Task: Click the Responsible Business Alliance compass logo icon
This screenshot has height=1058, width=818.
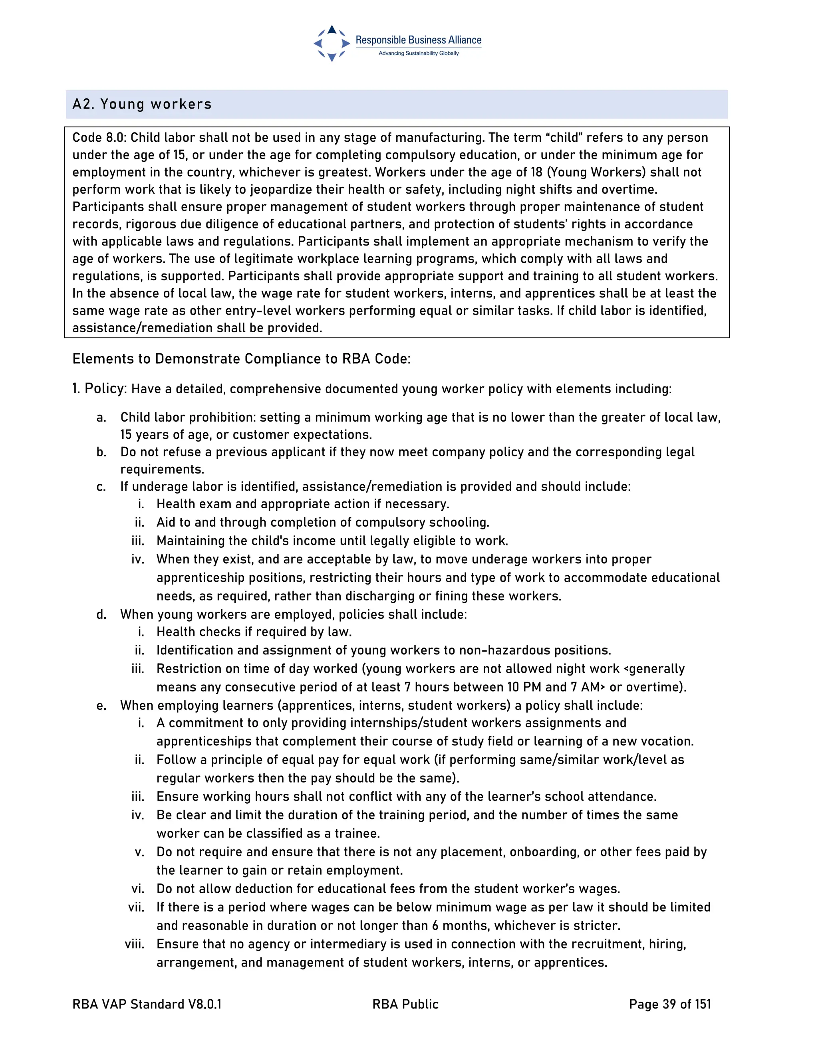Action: (332, 44)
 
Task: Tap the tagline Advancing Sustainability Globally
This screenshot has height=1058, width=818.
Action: (418, 53)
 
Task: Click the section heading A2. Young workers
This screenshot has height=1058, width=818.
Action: (142, 105)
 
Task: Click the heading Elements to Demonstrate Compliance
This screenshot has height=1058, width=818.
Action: (241, 359)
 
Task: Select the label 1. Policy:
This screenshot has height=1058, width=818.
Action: (99, 388)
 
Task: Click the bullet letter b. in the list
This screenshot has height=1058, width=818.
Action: (101, 452)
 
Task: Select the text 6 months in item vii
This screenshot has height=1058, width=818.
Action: (459, 926)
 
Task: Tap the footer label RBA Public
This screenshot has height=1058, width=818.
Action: (405, 1004)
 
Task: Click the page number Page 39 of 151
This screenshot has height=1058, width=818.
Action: (670, 1004)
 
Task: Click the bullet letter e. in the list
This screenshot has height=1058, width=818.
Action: (101, 706)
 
